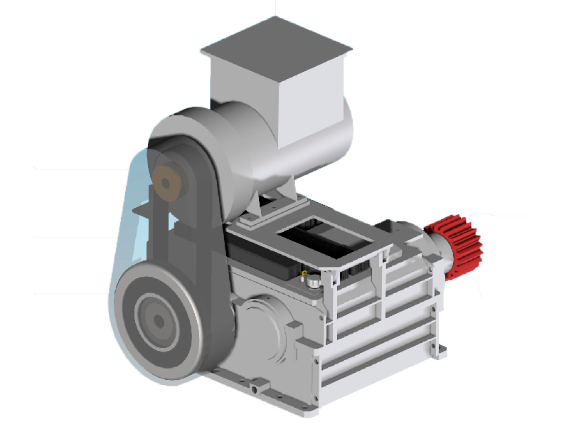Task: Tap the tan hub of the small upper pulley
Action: coord(169,182)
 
